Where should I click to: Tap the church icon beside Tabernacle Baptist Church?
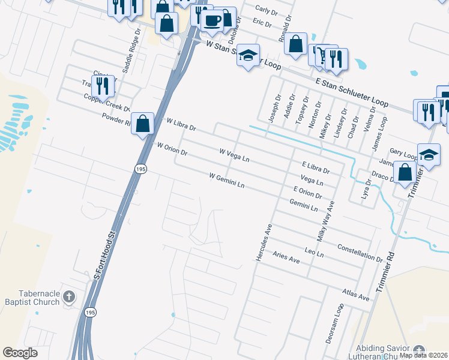70,296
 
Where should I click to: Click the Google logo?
20,353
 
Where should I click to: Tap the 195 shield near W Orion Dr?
140,170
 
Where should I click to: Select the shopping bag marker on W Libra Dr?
143,124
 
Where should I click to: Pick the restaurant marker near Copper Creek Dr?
103,86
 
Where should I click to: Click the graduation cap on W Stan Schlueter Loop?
247,56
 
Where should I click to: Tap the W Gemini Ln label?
227,180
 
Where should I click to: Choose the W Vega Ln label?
234,157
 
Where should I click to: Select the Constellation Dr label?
360,253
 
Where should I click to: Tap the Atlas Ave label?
355,295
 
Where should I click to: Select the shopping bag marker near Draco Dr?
406,172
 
